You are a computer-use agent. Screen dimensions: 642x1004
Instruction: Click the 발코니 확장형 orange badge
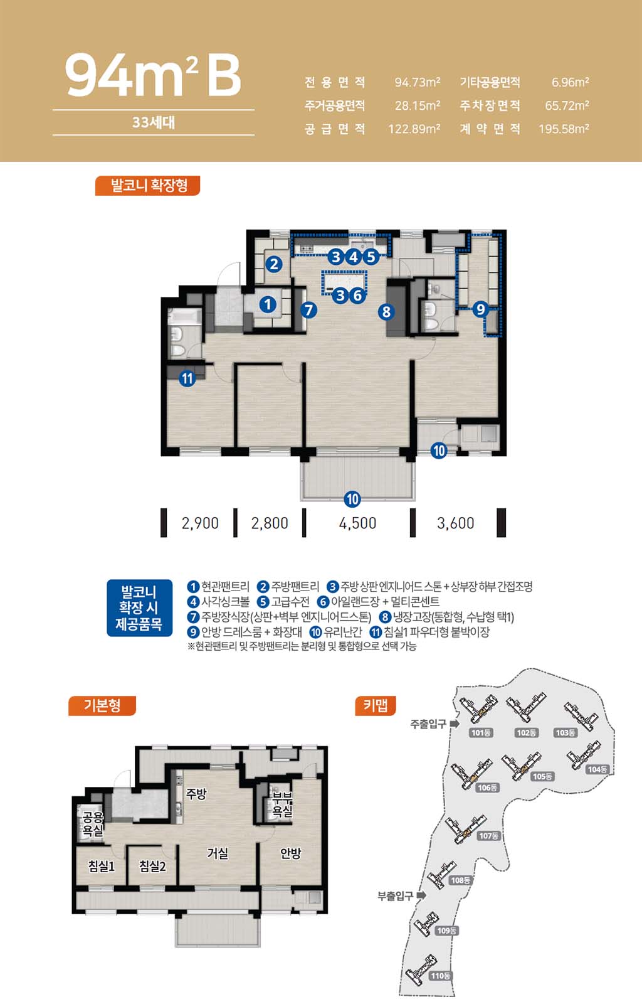[x=147, y=186]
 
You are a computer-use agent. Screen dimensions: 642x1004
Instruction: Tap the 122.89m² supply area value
[x=414, y=129]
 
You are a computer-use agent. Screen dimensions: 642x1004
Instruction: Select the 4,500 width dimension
[x=357, y=523]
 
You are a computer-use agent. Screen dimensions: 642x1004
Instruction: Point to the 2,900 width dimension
[x=200, y=523]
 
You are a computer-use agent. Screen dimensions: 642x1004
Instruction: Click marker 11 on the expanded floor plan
[x=187, y=379]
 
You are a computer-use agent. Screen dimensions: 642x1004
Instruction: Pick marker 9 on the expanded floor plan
[x=480, y=309]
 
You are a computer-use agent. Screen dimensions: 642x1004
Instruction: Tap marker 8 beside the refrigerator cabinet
[x=386, y=311]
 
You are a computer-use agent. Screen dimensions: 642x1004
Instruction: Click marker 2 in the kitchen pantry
[x=274, y=264]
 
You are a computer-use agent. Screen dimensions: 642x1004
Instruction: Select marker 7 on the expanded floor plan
[x=308, y=310]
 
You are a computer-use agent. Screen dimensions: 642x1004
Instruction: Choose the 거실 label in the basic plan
[x=218, y=853]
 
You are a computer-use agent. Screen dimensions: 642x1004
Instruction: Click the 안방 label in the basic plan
[x=290, y=853]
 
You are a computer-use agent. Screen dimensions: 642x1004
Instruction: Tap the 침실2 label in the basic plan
[x=152, y=866]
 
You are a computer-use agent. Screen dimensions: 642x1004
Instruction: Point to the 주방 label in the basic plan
[x=196, y=794]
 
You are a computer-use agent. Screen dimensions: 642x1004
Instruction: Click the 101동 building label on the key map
[x=481, y=732]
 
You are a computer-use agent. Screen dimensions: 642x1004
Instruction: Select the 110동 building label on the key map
[x=441, y=976]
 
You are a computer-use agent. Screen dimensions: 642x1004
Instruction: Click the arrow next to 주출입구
[x=455, y=724]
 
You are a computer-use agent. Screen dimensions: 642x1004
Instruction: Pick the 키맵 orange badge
[x=375, y=706]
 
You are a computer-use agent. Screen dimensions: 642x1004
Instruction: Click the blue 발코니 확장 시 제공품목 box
[x=139, y=608]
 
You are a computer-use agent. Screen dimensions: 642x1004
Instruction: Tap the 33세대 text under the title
[x=153, y=122]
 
